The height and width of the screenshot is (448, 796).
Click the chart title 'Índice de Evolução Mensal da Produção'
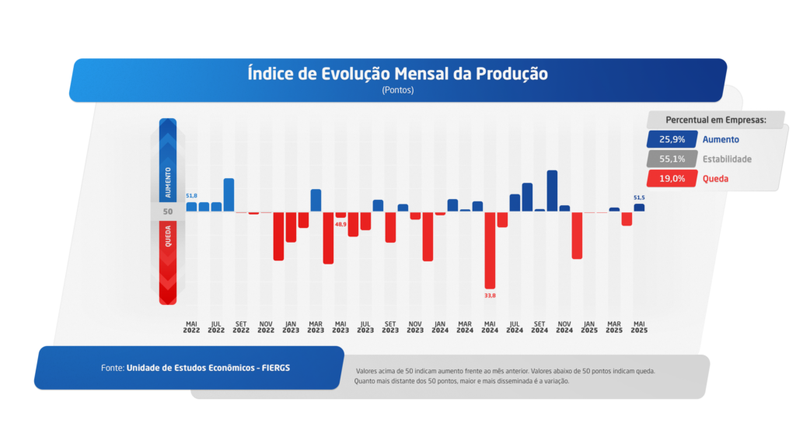pyautogui.click(x=397, y=74)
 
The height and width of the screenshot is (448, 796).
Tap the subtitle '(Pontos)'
pyautogui.click(x=397, y=90)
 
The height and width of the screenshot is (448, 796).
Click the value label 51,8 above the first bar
pyautogui.click(x=191, y=195)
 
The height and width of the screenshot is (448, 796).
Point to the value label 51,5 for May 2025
pyautogui.click(x=639, y=198)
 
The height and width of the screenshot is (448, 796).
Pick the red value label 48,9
pyautogui.click(x=340, y=224)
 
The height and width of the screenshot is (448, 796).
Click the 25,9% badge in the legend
pyautogui.click(x=672, y=140)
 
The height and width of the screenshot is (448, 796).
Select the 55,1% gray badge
pyautogui.click(x=672, y=159)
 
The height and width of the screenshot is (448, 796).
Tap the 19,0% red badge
pyautogui.click(x=672, y=178)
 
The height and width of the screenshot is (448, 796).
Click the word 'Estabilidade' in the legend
pyautogui.click(x=727, y=159)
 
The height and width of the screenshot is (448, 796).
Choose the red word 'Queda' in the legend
pyautogui.click(x=715, y=178)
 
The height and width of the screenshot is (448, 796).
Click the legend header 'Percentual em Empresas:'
pyautogui.click(x=716, y=120)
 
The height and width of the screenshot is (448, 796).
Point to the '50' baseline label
pyautogui.click(x=168, y=212)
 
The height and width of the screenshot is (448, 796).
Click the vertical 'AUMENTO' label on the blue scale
pyautogui.click(x=168, y=181)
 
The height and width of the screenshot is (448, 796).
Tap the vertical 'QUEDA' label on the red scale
pyautogui.click(x=168, y=236)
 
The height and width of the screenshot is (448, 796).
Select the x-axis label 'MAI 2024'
pyautogui.click(x=490, y=327)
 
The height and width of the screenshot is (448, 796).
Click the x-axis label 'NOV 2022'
pyautogui.click(x=266, y=327)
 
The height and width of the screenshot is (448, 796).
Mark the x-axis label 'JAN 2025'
pyautogui.click(x=589, y=327)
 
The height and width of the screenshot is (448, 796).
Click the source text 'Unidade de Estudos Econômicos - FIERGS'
pyautogui.click(x=208, y=367)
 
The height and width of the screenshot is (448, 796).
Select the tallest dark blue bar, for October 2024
pyautogui.click(x=552, y=191)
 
